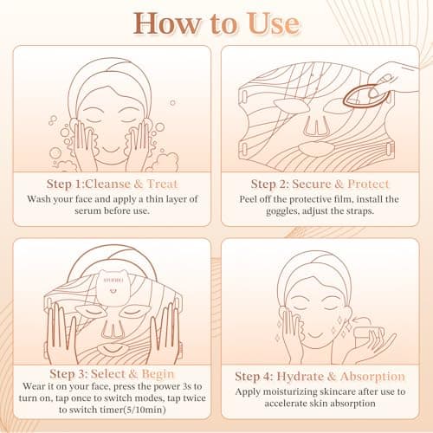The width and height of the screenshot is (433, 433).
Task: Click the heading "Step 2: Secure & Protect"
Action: (x=320, y=184)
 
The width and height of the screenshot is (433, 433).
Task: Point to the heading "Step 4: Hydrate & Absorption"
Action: (x=320, y=376)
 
